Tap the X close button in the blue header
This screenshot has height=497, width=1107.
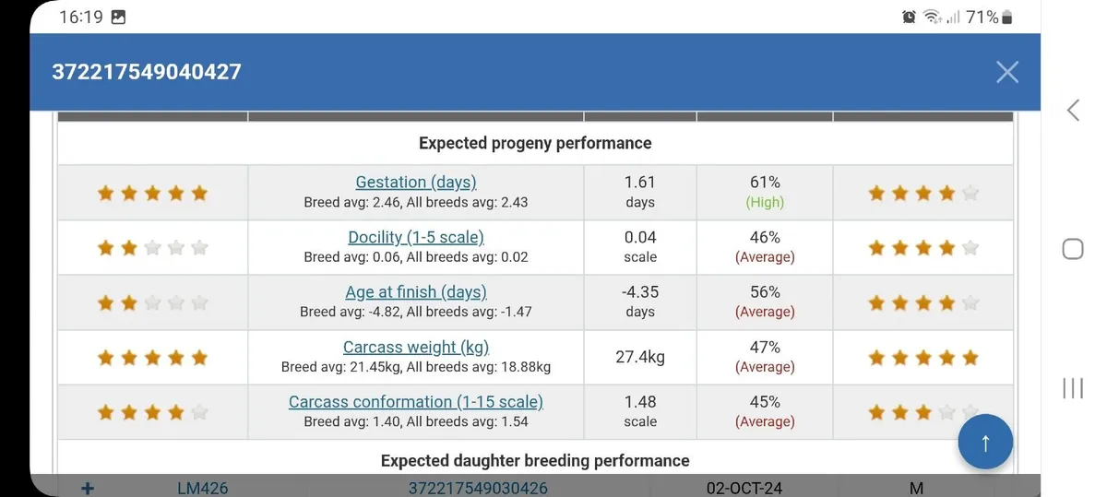coord(1006,72)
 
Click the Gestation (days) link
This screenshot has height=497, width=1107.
coord(416,183)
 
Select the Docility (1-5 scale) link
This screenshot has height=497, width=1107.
coord(416,237)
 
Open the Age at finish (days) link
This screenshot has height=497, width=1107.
coord(416,292)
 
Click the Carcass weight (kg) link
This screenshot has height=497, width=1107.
coord(416,348)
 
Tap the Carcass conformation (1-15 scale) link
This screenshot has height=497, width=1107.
coord(416,402)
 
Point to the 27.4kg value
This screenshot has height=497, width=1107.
coord(640,357)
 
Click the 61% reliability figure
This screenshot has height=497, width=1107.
coord(765,183)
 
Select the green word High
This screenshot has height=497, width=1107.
coord(765,202)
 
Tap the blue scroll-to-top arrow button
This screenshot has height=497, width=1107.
coord(985,443)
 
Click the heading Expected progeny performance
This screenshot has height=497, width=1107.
coord(535,143)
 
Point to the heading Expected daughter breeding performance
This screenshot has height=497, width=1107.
coord(535,460)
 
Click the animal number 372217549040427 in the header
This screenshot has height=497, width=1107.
coord(147,72)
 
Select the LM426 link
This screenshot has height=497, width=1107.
coord(203,488)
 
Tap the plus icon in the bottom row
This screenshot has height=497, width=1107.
coord(88,488)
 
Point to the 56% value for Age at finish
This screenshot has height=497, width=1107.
coord(765,292)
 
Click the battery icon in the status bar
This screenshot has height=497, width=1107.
coord(1006,17)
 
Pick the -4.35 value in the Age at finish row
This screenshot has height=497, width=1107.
coord(640,292)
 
